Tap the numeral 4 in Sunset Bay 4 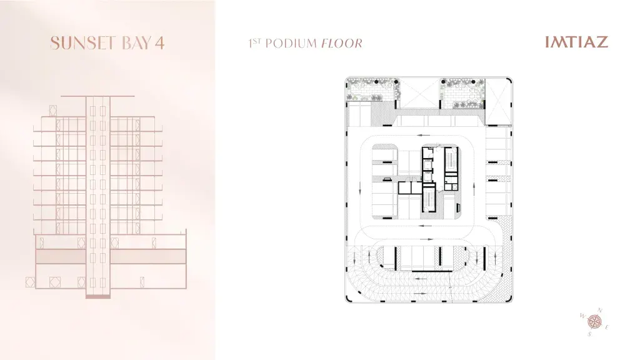pyautogui.click(x=159, y=43)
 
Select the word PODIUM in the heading pyautogui.click(x=291, y=43)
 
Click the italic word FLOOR pyautogui.click(x=342, y=43)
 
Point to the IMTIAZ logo pyautogui.click(x=576, y=42)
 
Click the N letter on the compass pyautogui.click(x=599, y=310)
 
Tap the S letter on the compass pyautogui.click(x=589, y=334)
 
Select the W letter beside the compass pyautogui.click(x=582, y=316)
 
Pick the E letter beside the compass pyautogui.click(x=607, y=327)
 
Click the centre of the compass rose pyautogui.click(x=594, y=322)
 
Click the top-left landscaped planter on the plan pyautogui.click(x=372, y=89)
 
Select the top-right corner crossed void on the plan pyautogui.click(x=498, y=101)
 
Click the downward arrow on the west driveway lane pyautogui.click(x=360, y=188)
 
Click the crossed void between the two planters pyautogui.click(x=419, y=94)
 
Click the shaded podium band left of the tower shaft pyautogui.click(x=61, y=256)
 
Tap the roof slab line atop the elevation pyautogui.click(x=97, y=96)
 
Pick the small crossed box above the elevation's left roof pyautogui.click(x=52, y=110)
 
